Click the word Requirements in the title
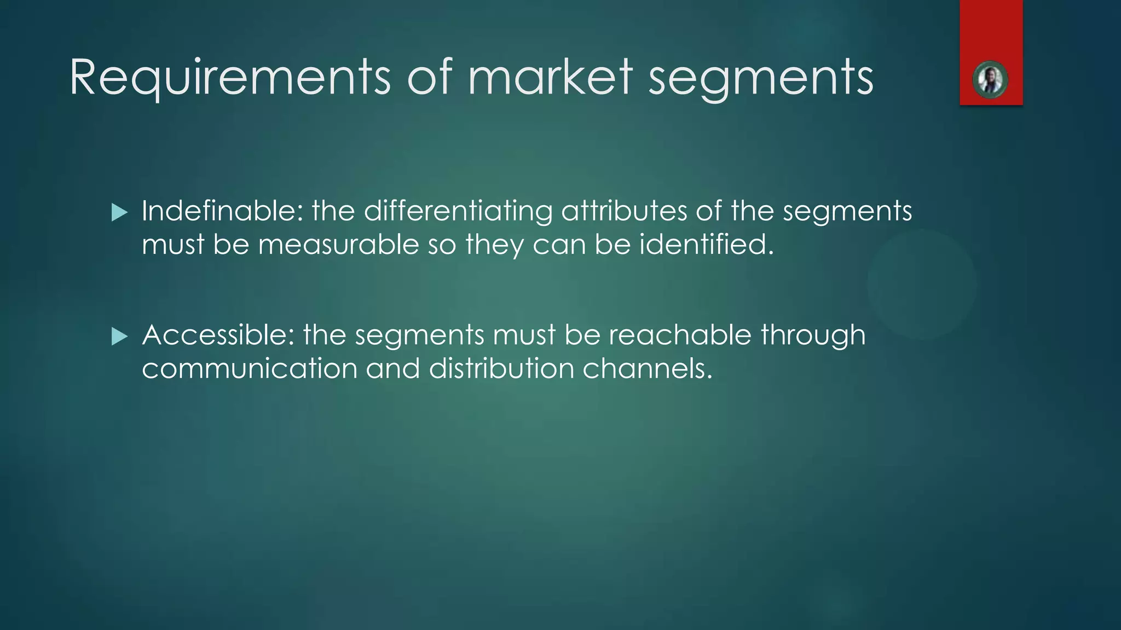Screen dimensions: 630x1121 click(x=230, y=78)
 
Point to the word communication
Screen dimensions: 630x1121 click(x=250, y=368)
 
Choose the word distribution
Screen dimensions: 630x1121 click(x=501, y=368)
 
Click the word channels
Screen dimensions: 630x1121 click(x=648, y=368)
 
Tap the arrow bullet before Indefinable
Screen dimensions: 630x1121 click(x=119, y=212)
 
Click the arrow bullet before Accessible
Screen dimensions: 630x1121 click(x=119, y=336)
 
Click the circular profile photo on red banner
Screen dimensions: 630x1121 click(x=990, y=80)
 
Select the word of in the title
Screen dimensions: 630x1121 click(x=430, y=78)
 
